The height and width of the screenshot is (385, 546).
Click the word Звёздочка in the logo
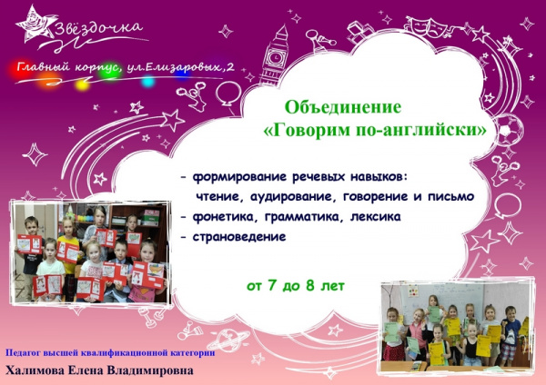point(99,29)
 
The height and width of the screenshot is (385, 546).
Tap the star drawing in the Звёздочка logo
point(35,25)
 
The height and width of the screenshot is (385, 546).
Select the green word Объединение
point(343,107)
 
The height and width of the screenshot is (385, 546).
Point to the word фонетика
point(225,217)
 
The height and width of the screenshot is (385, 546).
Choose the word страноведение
point(239,237)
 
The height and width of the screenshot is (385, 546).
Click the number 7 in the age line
point(273,286)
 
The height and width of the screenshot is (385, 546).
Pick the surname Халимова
point(35,370)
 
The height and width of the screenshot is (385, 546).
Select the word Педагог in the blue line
point(23,353)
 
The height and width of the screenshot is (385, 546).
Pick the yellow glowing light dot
point(83,84)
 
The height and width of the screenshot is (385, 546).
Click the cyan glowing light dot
point(148,82)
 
